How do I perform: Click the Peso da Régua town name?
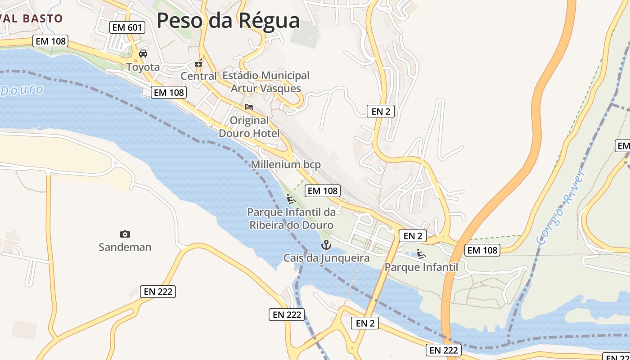tap(228, 20)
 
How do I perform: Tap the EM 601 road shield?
tap(127, 27)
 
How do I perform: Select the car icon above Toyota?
tap(143, 54)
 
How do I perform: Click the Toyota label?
tap(143, 67)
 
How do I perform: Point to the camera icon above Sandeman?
tap(125, 234)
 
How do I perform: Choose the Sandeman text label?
tap(125, 247)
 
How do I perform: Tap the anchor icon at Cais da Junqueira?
tap(326, 245)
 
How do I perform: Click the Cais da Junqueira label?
tap(326, 258)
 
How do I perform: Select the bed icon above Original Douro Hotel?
tap(249, 107)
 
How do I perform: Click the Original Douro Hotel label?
tap(249, 126)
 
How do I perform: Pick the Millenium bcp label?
tap(286, 165)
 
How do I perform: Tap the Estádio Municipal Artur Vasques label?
tap(266, 81)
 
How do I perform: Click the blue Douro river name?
tap(22, 90)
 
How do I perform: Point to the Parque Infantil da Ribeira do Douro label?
tap(292, 218)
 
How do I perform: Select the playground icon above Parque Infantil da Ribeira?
tap(291, 198)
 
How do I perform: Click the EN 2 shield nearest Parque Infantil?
tap(412, 236)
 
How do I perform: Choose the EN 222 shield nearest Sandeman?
tap(158, 292)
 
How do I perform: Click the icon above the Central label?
tap(198, 63)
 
